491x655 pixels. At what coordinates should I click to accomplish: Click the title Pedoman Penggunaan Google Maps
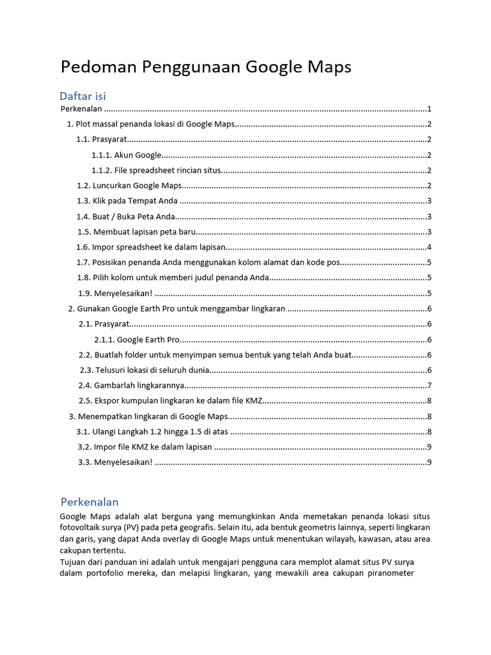coord(205,67)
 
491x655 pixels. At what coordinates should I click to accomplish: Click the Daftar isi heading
coord(82,96)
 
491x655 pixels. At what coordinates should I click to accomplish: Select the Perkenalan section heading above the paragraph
coord(90,501)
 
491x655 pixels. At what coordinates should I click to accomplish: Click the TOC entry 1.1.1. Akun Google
coord(126,155)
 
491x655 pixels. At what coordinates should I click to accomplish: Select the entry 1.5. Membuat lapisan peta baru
coord(136,232)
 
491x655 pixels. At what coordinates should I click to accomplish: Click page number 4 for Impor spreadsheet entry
coord(430,247)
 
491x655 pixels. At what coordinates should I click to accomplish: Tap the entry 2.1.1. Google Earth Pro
coord(137,340)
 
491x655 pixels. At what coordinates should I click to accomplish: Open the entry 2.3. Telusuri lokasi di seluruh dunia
coord(144,370)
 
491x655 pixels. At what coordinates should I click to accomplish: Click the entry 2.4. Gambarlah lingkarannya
coord(132,385)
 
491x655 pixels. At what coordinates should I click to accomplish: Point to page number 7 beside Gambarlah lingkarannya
coord(430,385)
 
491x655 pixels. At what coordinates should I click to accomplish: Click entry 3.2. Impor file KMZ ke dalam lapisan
coord(144,447)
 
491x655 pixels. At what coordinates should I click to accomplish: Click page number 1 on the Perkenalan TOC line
coord(430,109)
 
